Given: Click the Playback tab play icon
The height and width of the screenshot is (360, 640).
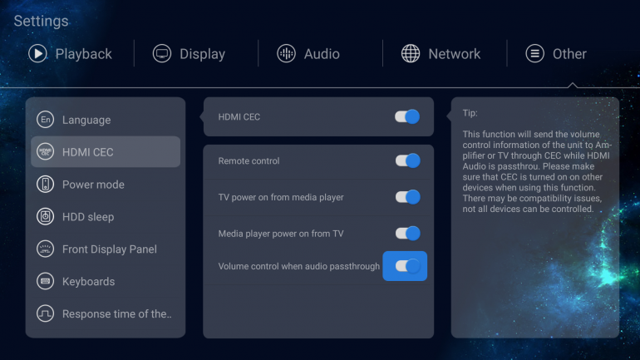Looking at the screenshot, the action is (37, 53).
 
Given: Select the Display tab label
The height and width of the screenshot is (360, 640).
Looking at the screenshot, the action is (203, 54).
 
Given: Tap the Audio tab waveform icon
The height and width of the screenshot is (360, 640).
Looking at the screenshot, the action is (286, 53).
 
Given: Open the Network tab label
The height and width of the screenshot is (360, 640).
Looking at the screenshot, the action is (455, 54).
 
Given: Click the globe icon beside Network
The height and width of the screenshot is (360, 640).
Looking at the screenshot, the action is (411, 53).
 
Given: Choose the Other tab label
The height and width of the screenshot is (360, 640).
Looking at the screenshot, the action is (569, 54).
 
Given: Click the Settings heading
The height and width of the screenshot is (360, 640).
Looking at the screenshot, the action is (41, 21).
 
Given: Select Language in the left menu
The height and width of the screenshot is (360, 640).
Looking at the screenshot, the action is (86, 120).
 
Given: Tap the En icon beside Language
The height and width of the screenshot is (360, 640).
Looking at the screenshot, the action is (46, 120).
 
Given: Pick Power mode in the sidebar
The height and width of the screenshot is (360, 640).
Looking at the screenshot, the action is (93, 185).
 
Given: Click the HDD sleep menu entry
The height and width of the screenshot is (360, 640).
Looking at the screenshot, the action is (88, 217).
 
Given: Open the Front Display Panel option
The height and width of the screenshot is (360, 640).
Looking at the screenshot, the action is (110, 249).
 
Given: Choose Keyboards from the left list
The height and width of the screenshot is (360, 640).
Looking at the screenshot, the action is (89, 282).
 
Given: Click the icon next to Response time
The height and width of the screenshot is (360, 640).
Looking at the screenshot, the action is (46, 313).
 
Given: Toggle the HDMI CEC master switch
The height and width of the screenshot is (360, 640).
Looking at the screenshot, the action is (407, 116).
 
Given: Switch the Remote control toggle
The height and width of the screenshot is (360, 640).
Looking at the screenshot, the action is (407, 160).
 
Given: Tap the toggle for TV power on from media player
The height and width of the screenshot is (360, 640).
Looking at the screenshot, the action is (407, 197).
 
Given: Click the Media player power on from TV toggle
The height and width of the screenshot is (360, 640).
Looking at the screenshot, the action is (407, 234).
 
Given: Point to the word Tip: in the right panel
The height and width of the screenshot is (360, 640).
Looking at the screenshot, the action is (470, 113).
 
